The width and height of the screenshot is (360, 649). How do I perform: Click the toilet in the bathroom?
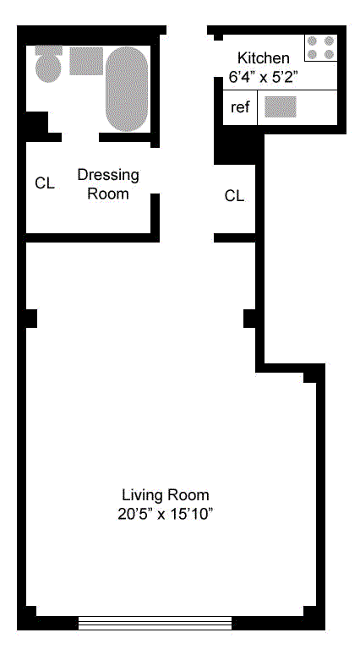[48, 63]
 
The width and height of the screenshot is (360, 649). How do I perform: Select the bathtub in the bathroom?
[127, 89]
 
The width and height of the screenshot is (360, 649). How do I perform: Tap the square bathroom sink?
[86, 61]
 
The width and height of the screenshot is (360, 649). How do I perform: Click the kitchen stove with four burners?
[320, 47]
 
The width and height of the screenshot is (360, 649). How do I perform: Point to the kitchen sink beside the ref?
[281, 106]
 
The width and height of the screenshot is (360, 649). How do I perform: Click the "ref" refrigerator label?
[240, 107]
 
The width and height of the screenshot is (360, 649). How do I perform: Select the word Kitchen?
[263, 57]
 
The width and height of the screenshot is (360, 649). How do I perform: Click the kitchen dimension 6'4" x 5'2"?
[263, 77]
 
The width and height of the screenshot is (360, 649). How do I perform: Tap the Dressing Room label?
[108, 184]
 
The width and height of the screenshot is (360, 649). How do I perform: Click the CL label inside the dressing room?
[45, 183]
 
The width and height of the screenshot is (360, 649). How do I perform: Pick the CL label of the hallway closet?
[234, 196]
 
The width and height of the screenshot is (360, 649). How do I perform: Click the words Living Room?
[166, 495]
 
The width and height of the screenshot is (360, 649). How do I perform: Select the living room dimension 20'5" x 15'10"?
[166, 515]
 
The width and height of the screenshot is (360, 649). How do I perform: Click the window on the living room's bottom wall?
[155, 623]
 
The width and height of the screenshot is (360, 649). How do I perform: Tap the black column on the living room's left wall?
[31, 319]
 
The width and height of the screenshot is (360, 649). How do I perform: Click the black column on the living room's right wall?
[250, 319]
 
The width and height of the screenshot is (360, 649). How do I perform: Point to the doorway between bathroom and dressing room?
[80, 138]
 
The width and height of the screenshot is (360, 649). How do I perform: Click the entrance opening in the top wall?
[187, 30]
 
